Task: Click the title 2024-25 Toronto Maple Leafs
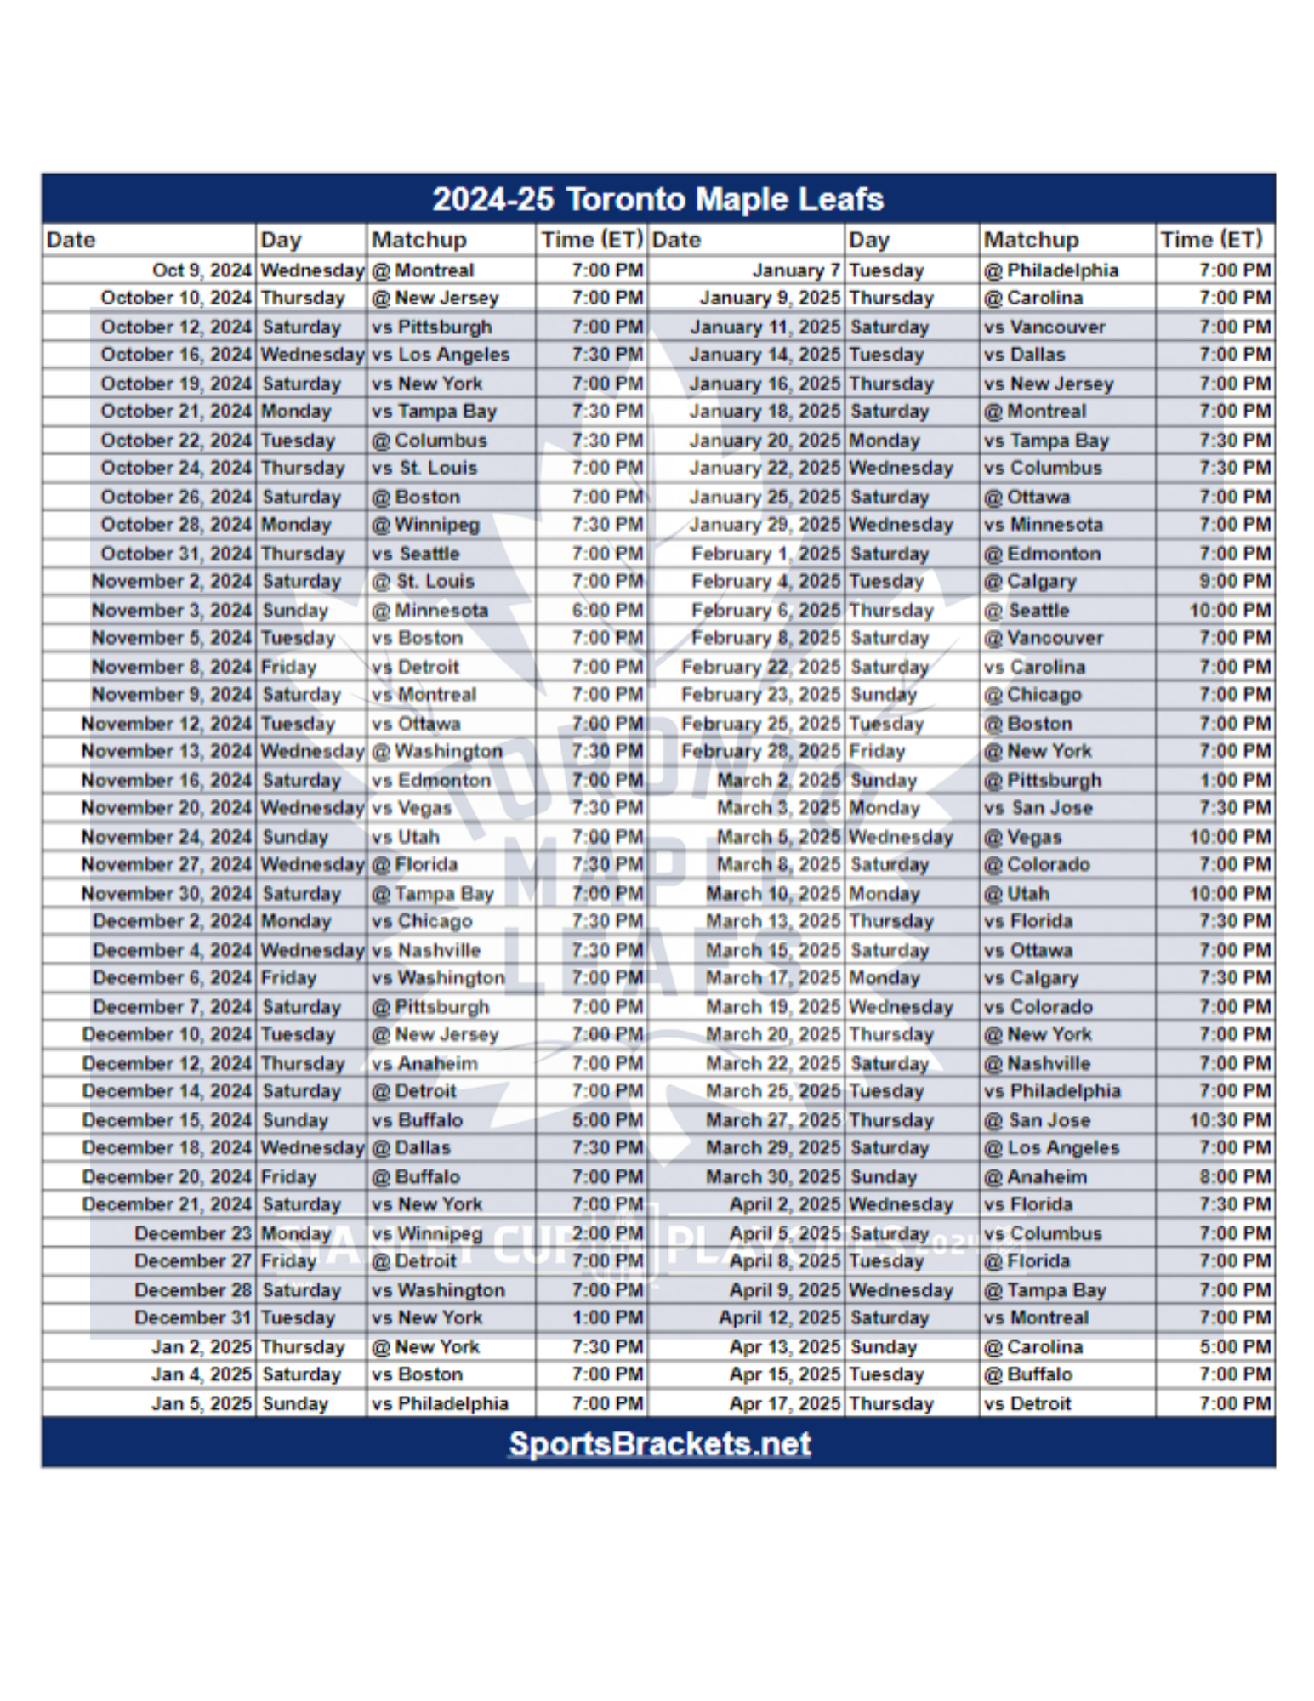tap(657, 199)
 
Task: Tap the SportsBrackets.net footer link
tap(659, 1443)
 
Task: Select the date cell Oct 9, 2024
tap(202, 270)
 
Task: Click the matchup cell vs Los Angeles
tap(441, 355)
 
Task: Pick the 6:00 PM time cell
tap(607, 610)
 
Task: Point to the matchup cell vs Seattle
tap(416, 554)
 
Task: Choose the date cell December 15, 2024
tap(167, 1120)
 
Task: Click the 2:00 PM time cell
tap(607, 1233)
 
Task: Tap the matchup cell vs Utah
tap(406, 837)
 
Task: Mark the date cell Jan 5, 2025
tap(202, 1403)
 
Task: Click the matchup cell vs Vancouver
tap(1044, 327)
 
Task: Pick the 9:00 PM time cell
tap(1235, 582)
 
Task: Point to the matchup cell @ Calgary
tap(1030, 582)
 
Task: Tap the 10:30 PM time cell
tap(1230, 1120)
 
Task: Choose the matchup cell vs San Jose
tap(1038, 808)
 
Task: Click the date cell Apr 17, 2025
tap(784, 1403)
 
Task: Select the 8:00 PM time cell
tap(1235, 1177)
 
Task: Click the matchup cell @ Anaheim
tap(1035, 1177)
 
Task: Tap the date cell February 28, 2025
tap(760, 752)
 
